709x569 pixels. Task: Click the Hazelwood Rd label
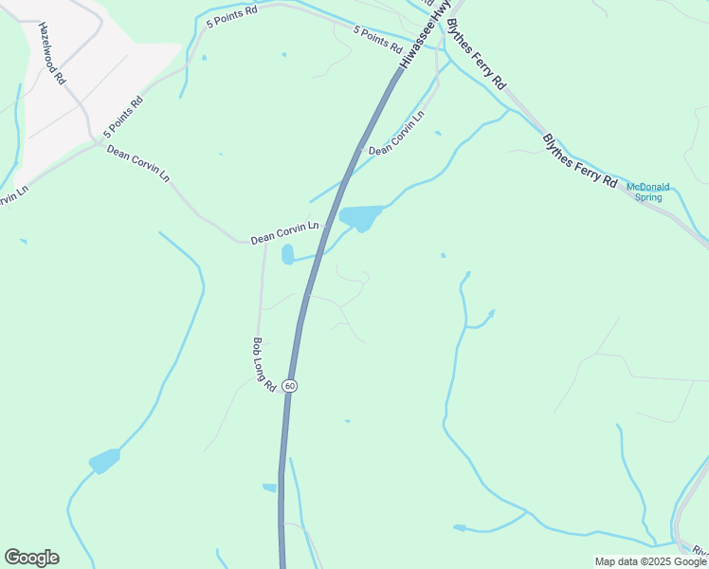(50, 53)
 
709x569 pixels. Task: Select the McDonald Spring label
(649, 192)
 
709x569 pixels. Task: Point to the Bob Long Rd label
(264, 365)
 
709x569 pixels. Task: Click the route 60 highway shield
(289, 386)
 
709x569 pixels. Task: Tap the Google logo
(31, 558)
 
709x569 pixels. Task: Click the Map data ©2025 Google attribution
(651, 561)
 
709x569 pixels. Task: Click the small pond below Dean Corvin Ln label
(287, 254)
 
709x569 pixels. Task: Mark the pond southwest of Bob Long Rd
(104, 461)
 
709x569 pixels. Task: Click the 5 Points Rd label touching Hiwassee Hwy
(378, 41)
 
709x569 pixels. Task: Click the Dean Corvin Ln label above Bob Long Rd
(285, 232)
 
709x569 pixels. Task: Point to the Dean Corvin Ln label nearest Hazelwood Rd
(137, 162)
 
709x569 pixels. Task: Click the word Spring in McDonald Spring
(648, 197)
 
